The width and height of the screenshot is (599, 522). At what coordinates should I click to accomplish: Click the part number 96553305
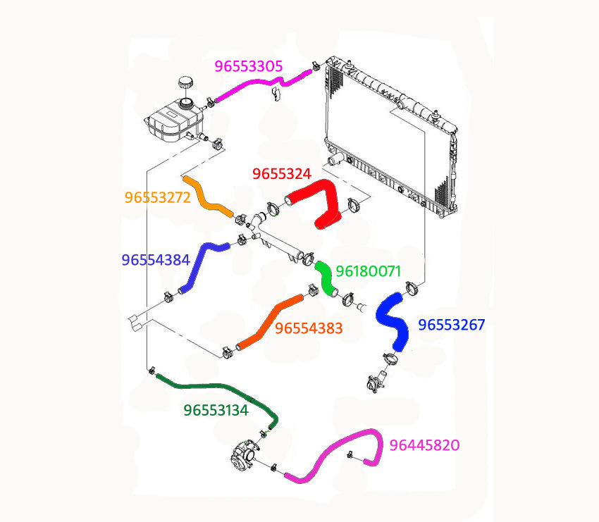click(x=249, y=66)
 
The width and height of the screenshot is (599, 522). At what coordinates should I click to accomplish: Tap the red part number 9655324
click(x=282, y=174)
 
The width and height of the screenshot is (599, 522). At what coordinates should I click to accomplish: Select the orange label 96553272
click(x=157, y=197)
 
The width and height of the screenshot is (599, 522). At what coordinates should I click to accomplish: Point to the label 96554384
click(x=156, y=260)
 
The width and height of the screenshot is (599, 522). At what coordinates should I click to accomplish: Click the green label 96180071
click(x=369, y=271)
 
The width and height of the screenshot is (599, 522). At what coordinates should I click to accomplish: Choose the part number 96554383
click(x=309, y=328)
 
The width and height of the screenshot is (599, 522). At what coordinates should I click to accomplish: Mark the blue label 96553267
click(x=452, y=325)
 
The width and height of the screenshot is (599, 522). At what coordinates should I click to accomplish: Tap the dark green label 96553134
click(x=216, y=411)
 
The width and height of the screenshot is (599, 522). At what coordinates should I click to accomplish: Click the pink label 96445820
click(x=424, y=445)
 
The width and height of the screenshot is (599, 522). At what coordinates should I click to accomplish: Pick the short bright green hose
click(x=326, y=278)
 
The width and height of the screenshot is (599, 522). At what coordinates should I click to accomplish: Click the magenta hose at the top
click(x=264, y=85)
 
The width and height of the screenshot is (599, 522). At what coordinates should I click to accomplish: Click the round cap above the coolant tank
click(x=185, y=82)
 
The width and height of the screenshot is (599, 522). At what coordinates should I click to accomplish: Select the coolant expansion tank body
click(x=174, y=120)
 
